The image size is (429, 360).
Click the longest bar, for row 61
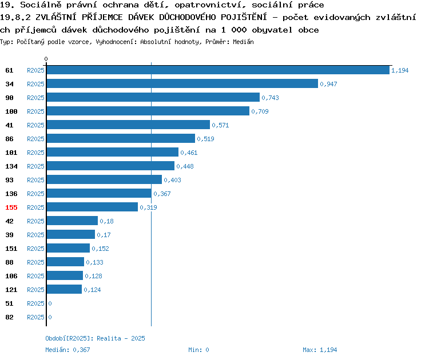[x=218, y=70]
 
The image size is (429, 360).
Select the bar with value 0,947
[x=182, y=83]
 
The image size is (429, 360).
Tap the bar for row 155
[x=92, y=207]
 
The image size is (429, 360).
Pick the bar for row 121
[x=64, y=289]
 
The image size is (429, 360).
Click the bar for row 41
[x=128, y=125]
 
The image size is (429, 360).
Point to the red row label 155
[x=11, y=207]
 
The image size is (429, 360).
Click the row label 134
[x=11, y=166]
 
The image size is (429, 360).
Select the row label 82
[x=9, y=317]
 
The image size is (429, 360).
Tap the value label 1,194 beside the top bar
[x=400, y=70]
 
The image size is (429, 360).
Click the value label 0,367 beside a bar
[x=162, y=194]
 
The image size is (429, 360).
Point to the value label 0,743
[x=270, y=98]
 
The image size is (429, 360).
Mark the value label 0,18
[x=106, y=221]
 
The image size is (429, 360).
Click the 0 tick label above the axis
[x=46, y=59]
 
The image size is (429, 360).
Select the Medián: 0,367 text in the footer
[x=67, y=350]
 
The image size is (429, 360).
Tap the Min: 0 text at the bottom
[x=198, y=350]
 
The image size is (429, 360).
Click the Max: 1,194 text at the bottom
[x=320, y=350]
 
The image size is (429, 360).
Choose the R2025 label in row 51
[x=35, y=303]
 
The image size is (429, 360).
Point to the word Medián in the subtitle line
[x=243, y=42]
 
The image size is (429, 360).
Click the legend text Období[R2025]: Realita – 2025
[x=95, y=338]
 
